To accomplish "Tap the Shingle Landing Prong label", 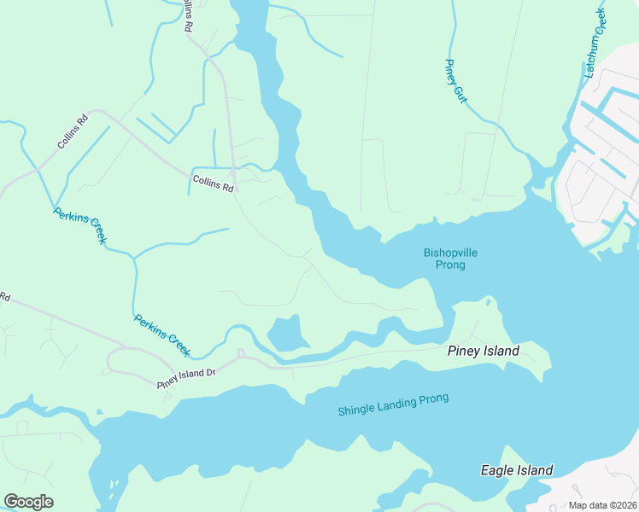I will coord(393,404).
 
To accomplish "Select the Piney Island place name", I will coord(483,351).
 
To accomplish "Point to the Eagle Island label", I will coord(516,470).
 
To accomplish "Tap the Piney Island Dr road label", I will coord(185,379).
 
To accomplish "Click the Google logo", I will coord(28,502).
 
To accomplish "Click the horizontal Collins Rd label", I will coord(213,183).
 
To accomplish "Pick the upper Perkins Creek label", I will coord(79,226).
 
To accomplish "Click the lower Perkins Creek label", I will coord(161,335).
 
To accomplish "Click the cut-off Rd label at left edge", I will coord(4,298).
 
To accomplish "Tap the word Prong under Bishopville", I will coord(449,265).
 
